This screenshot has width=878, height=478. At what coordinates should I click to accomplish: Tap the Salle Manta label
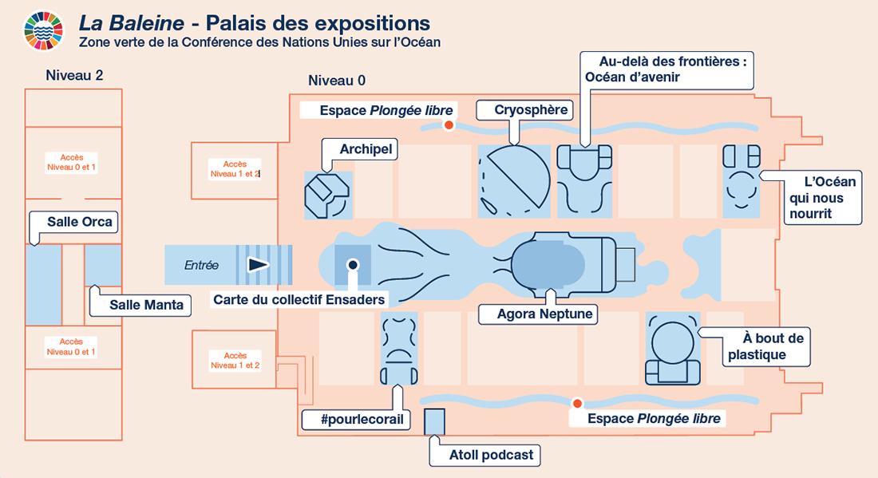tap(146, 304)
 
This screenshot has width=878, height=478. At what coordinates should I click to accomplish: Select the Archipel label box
tap(358, 149)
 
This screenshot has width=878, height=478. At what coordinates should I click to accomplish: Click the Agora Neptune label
tap(545, 314)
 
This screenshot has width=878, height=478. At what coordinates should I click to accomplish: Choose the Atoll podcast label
tap(491, 455)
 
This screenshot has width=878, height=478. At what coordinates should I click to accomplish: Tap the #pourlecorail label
tap(357, 420)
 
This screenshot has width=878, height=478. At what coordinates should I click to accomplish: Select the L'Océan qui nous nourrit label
tap(817, 198)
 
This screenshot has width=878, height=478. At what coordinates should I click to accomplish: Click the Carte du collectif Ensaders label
tap(299, 300)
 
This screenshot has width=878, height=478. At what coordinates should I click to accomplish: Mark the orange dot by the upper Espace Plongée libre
tap(449, 124)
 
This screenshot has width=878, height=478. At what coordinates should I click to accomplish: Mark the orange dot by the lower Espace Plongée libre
tap(575, 404)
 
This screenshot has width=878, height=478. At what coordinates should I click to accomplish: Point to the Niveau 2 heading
tap(74, 76)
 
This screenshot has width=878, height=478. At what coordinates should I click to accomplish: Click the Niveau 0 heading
tap(337, 80)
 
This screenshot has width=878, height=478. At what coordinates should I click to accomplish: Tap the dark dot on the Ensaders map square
tap(353, 264)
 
